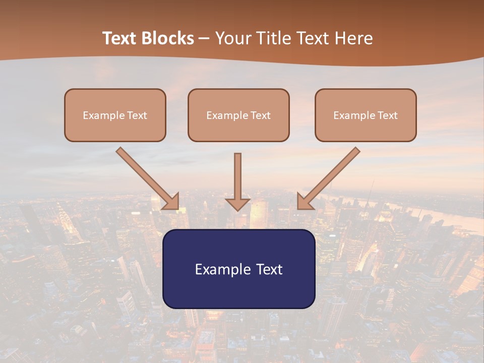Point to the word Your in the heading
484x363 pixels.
[233, 38]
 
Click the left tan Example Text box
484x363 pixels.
[115, 115]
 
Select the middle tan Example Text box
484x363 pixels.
[238, 115]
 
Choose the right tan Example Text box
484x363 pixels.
[366, 115]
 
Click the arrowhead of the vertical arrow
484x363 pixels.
[237, 204]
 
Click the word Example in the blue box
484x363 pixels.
[219, 270]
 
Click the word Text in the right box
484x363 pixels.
[387, 115]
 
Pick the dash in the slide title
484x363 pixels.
[205, 39]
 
